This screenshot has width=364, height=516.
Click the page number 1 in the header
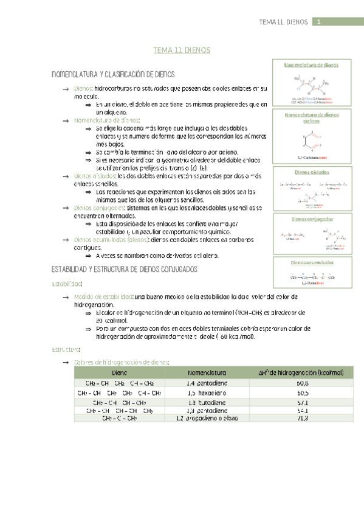(x=318, y=21)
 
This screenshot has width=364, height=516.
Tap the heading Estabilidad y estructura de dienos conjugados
(x=132, y=269)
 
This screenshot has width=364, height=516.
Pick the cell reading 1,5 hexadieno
(x=207, y=393)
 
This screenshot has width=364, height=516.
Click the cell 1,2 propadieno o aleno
(x=207, y=419)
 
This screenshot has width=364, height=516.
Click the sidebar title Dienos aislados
(x=311, y=172)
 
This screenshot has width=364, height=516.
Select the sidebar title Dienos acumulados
(x=311, y=262)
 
